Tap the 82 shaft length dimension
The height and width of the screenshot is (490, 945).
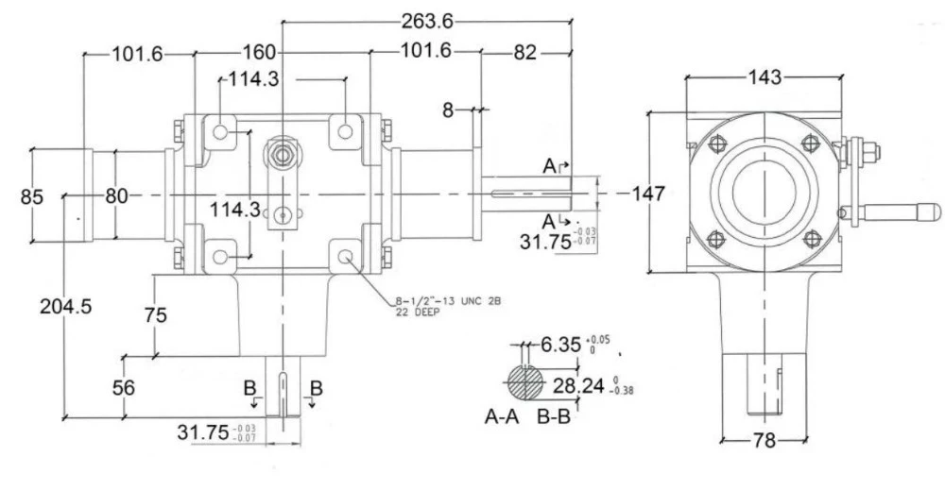click(524, 53)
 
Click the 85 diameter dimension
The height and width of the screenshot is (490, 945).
click(32, 196)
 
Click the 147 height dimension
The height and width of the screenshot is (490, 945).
click(647, 194)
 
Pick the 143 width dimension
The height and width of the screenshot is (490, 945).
click(763, 78)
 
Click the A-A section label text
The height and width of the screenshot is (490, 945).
click(502, 416)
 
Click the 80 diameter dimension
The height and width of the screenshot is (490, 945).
click(116, 196)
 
